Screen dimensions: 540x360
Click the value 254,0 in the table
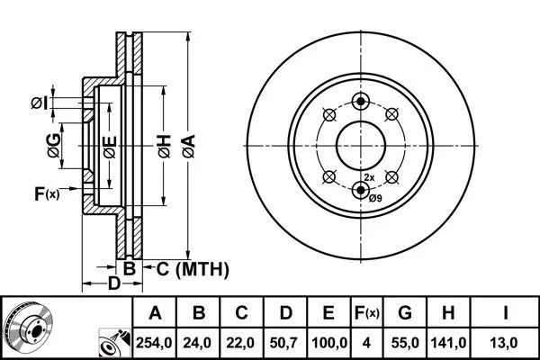[154, 343]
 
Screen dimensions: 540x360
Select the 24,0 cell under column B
[197, 343]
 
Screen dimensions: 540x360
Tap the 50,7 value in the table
[284, 343]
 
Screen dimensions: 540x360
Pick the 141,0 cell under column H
[448, 343]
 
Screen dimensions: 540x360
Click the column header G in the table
[405, 313]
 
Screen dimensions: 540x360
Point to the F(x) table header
[366, 313]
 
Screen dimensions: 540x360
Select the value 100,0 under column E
[329, 343]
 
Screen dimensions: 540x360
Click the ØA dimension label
[189, 147]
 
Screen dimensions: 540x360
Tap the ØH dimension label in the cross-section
[165, 147]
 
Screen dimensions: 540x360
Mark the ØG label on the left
[54, 146]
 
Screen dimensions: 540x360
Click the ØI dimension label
[40, 103]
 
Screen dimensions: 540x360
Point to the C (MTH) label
[193, 269]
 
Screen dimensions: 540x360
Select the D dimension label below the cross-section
[114, 283]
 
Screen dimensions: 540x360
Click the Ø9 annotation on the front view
[375, 198]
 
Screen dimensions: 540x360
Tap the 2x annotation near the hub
[369, 178]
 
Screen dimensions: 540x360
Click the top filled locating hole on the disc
[361, 102]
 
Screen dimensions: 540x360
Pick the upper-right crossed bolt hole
[391, 114]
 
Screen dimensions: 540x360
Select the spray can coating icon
[114, 343]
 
